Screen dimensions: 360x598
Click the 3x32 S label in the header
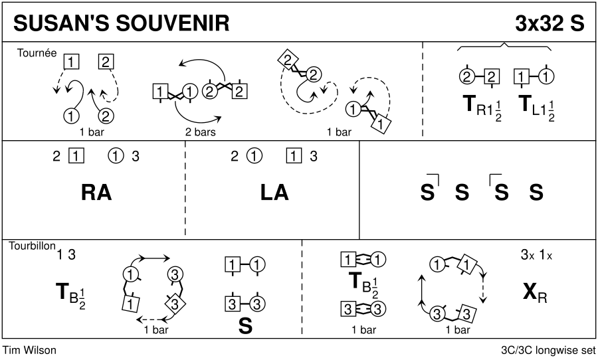(549, 23)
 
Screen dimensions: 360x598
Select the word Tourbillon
(31, 245)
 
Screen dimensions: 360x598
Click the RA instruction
(96, 193)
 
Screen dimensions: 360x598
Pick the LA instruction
(274, 193)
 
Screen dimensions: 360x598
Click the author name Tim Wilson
(30, 350)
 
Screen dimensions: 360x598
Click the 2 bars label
(201, 132)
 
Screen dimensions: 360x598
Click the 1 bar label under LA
(363, 329)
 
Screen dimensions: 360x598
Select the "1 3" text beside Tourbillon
(66, 254)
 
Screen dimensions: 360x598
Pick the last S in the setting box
(536, 193)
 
